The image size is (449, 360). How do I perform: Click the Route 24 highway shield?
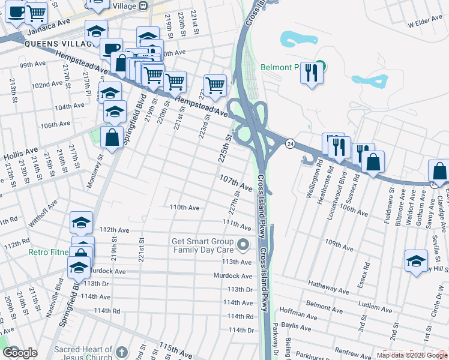point(290,144)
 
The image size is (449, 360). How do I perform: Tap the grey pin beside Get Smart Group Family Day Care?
point(243,245)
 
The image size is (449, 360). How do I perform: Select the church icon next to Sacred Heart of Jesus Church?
point(122,352)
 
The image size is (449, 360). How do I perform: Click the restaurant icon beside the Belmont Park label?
point(312,73)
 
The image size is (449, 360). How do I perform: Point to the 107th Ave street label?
point(235,183)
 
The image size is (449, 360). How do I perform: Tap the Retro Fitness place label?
point(48,252)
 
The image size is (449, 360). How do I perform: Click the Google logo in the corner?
point(20,353)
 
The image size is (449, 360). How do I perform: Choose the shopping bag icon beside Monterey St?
point(112,137)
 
